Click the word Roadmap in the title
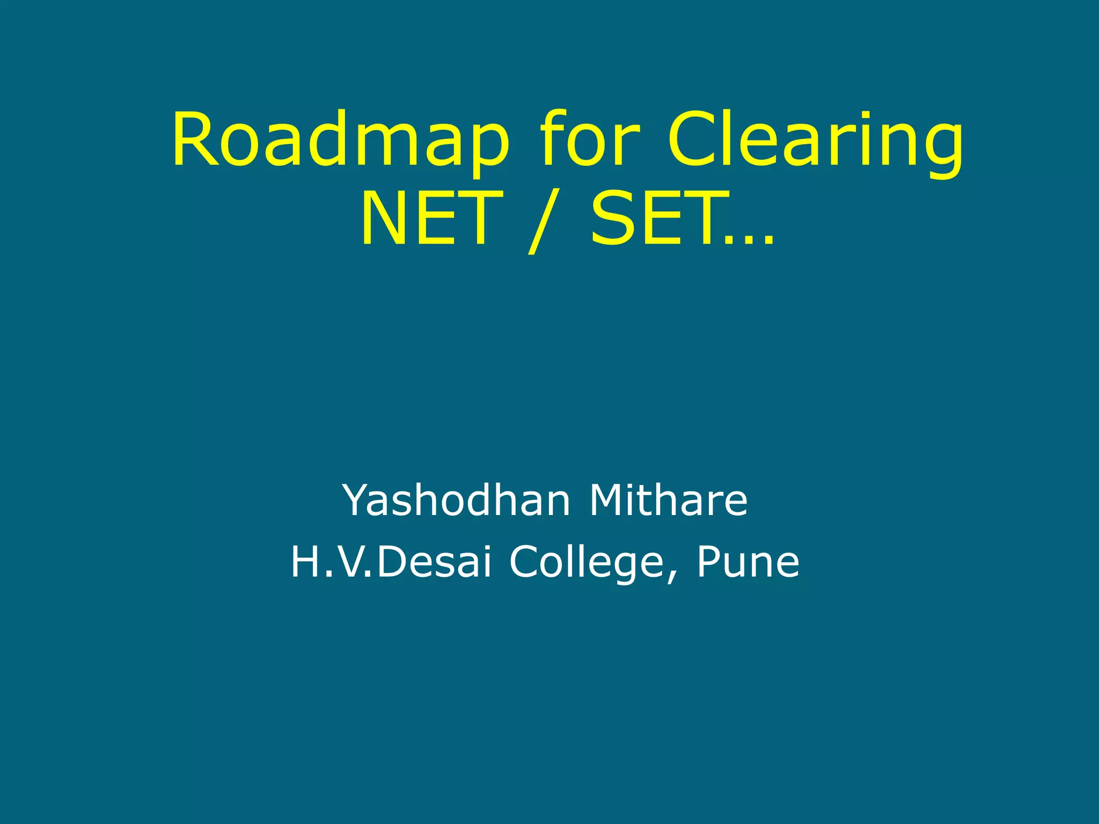340,141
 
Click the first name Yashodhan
456,500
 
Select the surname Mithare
668,500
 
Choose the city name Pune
748,562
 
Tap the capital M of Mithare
609,500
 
